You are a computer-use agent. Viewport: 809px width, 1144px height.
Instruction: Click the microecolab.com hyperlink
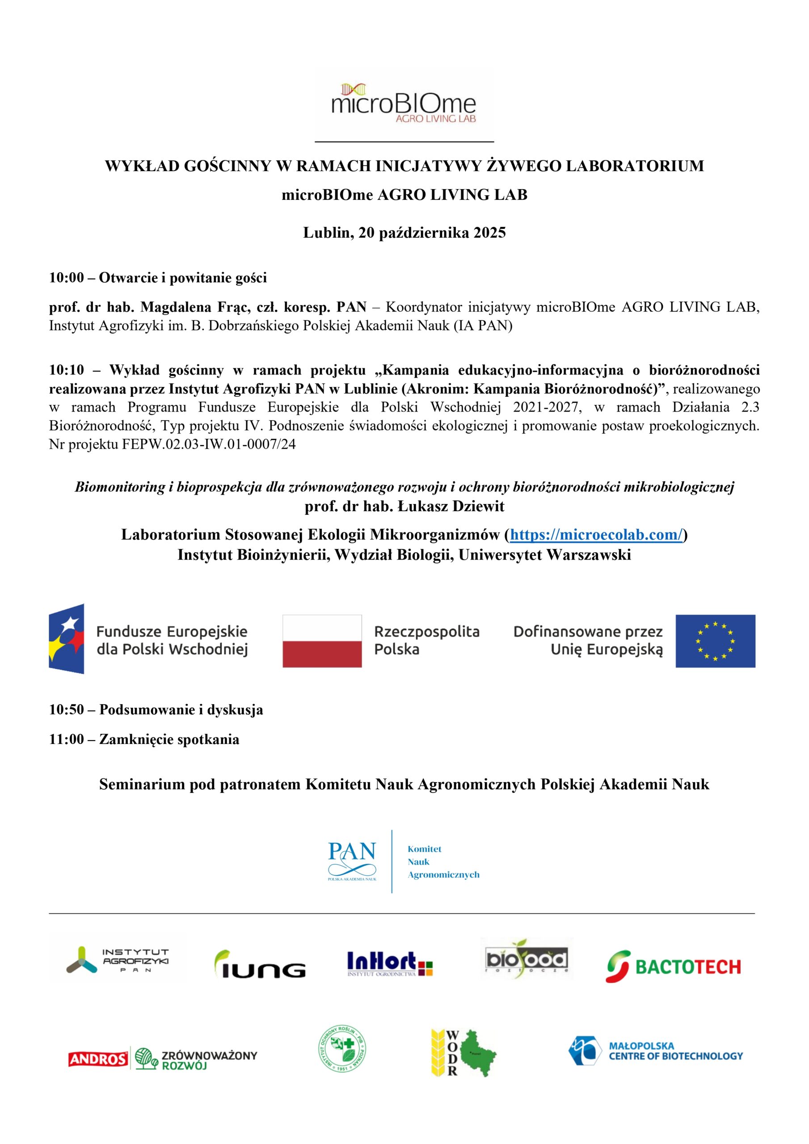tap(596, 534)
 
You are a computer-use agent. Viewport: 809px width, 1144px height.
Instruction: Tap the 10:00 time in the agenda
tap(66, 278)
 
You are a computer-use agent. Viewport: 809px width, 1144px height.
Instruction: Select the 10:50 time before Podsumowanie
tap(66, 710)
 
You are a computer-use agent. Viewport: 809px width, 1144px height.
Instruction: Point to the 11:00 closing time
tap(66, 739)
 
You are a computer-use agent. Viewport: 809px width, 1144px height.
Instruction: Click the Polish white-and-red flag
tap(322, 641)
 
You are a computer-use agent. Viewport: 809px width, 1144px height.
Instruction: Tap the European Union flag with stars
tap(715, 641)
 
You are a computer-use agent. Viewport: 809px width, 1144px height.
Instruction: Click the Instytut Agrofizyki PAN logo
tap(118, 960)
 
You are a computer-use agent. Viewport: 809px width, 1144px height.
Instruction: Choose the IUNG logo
tap(260, 964)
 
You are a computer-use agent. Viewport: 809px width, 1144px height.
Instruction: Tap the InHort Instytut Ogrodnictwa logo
tap(390, 963)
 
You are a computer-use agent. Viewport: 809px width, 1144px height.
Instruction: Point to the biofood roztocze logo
tap(527, 958)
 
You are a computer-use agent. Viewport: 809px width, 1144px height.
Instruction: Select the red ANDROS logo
tap(98, 1059)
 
